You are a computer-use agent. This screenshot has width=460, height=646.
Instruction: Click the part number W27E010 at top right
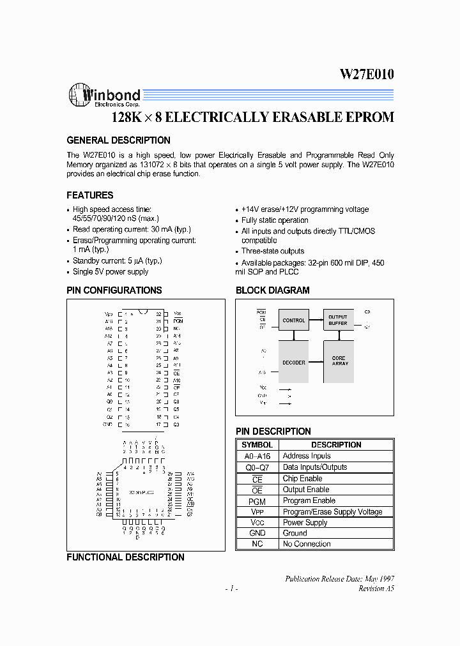(x=366, y=74)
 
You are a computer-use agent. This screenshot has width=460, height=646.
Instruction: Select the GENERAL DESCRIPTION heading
(x=118, y=140)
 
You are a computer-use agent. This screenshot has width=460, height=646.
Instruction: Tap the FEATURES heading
(x=90, y=195)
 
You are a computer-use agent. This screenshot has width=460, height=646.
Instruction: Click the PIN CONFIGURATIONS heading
(x=114, y=290)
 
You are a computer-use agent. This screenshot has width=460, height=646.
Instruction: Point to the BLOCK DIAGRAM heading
(x=272, y=290)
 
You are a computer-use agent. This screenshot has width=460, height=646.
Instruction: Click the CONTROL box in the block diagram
(x=293, y=320)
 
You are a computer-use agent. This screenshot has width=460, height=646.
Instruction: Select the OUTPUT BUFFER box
(x=338, y=320)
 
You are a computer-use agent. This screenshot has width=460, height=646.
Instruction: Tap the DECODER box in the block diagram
(x=293, y=362)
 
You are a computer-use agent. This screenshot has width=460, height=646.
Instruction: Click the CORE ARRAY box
(x=339, y=361)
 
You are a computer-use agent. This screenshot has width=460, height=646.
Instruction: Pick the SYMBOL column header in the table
(x=257, y=445)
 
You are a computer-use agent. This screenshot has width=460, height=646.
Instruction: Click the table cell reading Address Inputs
(x=307, y=456)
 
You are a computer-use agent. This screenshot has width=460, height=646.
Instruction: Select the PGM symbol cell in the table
(x=257, y=500)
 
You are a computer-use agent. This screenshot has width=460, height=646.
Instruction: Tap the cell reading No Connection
(x=307, y=544)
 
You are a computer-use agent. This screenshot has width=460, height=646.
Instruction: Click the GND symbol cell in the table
(x=257, y=533)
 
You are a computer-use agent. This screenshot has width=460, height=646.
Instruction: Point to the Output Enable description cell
(x=306, y=490)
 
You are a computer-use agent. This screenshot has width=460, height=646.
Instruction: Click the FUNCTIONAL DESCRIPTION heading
(x=125, y=557)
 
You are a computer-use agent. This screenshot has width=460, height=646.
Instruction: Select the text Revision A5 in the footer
(x=376, y=589)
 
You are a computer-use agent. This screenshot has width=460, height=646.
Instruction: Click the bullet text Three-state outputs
(x=273, y=251)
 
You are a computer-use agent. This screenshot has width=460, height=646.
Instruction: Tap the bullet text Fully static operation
(x=275, y=220)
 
